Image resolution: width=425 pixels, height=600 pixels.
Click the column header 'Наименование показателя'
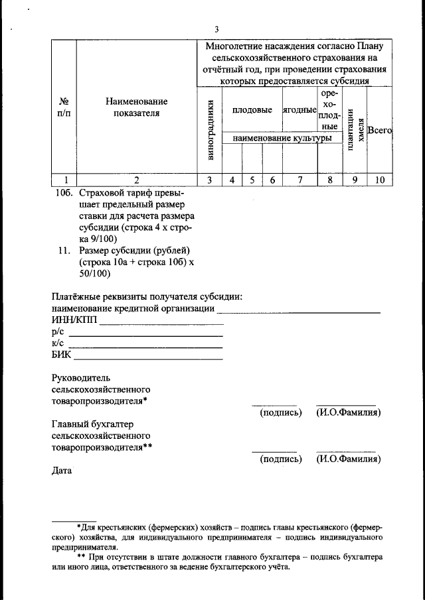(x=136, y=107)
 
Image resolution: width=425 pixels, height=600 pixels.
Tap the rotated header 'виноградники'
(x=211, y=130)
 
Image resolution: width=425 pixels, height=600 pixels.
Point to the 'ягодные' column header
(x=299, y=109)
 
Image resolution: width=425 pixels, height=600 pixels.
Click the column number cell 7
(x=299, y=179)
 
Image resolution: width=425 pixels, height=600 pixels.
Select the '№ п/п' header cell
(x=64, y=107)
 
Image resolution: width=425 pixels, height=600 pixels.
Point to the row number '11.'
(x=64, y=250)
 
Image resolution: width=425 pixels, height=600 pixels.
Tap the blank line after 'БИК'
(x=146, y=356)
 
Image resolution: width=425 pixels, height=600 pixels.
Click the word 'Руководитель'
(x=80, y=377)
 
